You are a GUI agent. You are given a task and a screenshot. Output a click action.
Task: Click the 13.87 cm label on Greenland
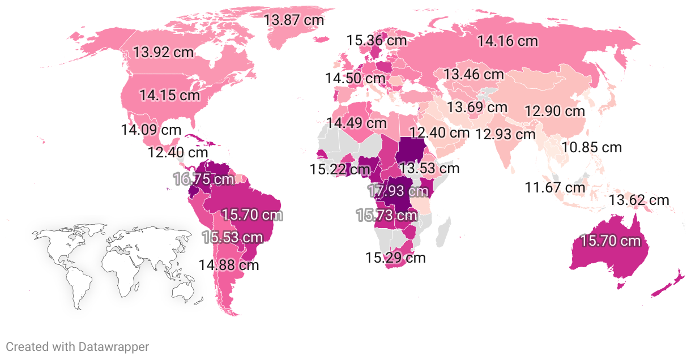pyautogui.click(x=294, y=20)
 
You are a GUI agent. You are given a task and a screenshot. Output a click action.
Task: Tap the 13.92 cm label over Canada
pyautogui.click(x=163, y=53)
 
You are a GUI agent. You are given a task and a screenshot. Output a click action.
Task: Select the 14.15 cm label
pyautogui.click(x=170, y=95)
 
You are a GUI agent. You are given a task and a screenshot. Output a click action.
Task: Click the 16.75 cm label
pyautogui.click(x=203, y=179)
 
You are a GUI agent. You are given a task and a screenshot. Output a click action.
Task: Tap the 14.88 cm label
pyautogui.click(x=228, y=264)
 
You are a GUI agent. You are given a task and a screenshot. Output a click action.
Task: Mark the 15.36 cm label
pyautogui.click(x=377, y=40)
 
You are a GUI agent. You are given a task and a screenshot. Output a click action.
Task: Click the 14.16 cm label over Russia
pyautogui.click(x=507, y=41)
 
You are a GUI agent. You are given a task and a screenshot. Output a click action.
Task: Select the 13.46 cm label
pyautogui.click(x=474, y=74)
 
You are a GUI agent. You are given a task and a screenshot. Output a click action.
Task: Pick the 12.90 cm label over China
pyautogui.click(x=554, y=111)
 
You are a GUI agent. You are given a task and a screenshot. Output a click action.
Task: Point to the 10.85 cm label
pyautogui.click(x=592, y=148)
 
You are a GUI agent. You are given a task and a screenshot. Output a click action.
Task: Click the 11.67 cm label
pyautogui.click(x=555, y=187)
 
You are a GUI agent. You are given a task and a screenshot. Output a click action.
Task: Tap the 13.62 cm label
pyautogui.click(x=639, y=200)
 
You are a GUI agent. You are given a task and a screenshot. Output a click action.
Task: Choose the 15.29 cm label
pyautogui.click(x=395, y=258)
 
